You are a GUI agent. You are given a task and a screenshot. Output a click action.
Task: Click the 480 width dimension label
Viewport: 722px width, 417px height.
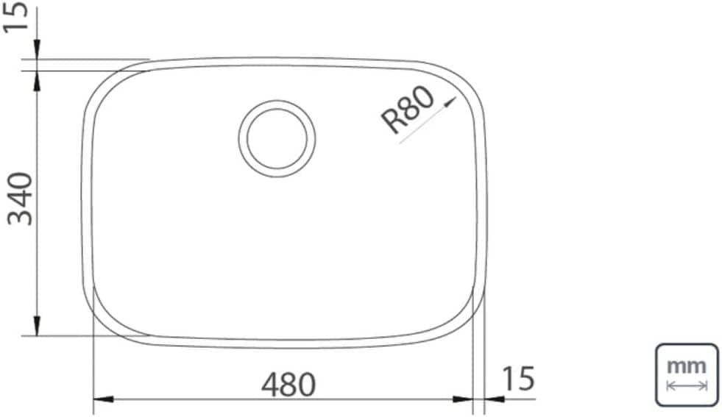tap(289, 385)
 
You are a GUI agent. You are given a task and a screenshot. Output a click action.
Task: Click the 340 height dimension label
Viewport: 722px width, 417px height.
tap(21, 199)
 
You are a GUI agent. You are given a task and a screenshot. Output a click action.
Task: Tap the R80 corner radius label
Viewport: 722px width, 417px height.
tap(408, 110)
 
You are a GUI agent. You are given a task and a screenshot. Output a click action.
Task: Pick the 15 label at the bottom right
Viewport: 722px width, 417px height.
tap(518, 378)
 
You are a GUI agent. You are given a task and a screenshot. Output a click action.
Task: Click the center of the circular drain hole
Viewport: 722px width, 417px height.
tap(277, 138)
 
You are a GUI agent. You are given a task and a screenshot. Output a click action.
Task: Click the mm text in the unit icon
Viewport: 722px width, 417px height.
tap(687, 366)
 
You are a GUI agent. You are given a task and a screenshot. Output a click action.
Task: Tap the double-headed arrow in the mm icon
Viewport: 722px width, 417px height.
tap(687, 385)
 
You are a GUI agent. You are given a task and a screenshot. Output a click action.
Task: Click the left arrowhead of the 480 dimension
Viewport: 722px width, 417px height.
tap(103, 399)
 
